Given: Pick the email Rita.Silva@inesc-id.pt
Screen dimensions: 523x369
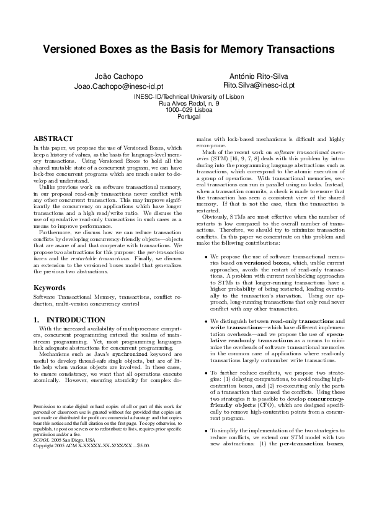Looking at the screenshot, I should [x=259, y=84].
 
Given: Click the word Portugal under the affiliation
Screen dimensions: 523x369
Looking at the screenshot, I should [x=185, y=116].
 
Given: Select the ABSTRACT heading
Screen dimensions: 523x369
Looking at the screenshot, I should [x=53, y=139].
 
